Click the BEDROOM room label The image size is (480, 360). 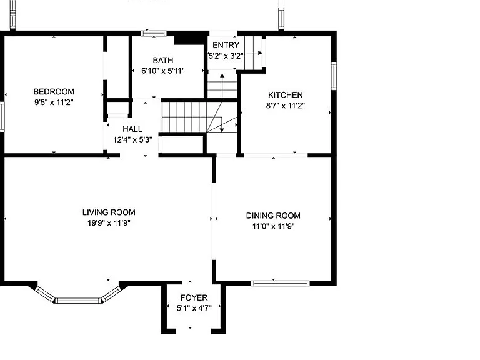click(x=54, y=91)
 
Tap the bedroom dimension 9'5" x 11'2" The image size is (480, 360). click(x=54, y=102)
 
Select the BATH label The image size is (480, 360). click(x=163, y=60)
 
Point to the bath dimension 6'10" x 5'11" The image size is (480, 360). click(x=163, y=71)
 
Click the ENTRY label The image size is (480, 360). click(x=226, y=45)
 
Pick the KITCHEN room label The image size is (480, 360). click(x=285, y=95)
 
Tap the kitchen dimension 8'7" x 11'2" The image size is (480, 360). click(x=285, y=106)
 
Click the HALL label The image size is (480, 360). click(x=132, y=129)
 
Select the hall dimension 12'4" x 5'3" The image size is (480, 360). click(x=132, y=140)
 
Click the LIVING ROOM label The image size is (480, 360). click(x=109, y=212)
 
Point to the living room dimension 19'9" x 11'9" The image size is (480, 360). click(x=109, y=223)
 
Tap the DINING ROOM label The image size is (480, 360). click(x=273, y=216)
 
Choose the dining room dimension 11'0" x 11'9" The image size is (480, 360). click(x=273, y=226)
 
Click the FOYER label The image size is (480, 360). click(x=194, y=297)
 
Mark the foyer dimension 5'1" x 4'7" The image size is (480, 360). click(x=194, y=308)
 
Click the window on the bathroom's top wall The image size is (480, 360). click(x=154, y=33)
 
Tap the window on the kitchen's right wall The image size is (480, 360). click(x=334, y=76)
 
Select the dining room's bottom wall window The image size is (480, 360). click(x=281, y=283)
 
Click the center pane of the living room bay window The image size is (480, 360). click(x=78, y=300)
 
